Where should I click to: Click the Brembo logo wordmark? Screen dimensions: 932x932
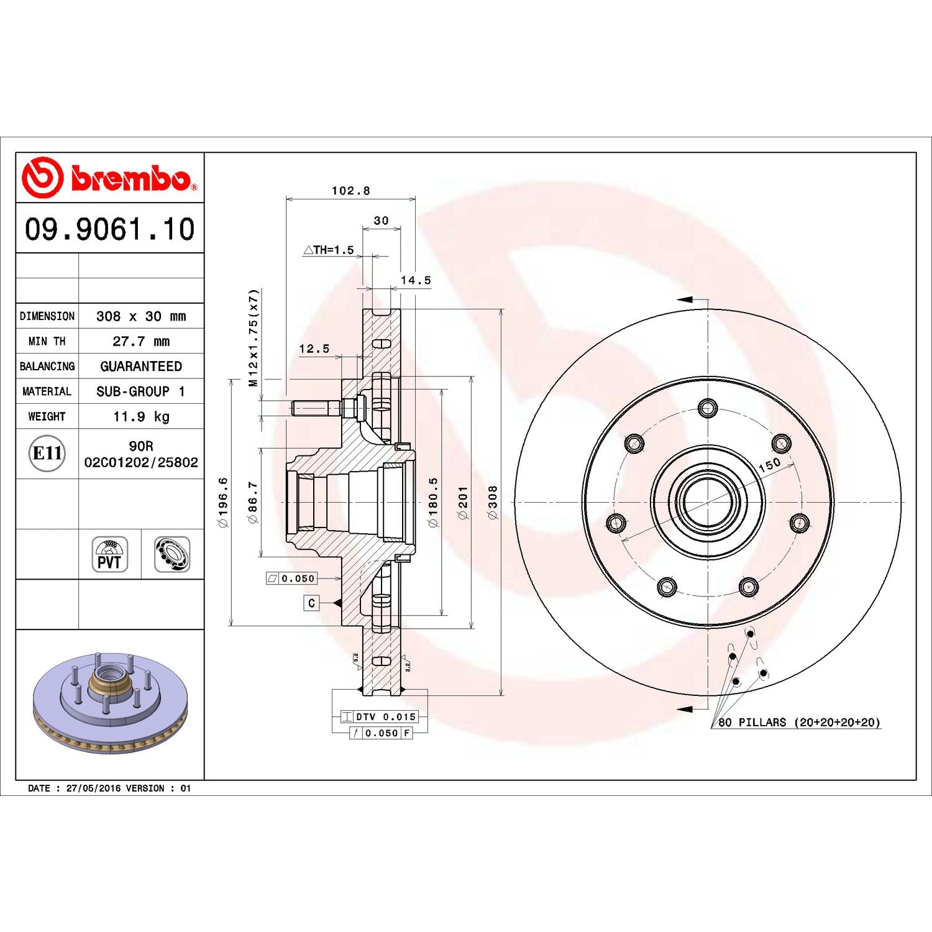pyautogui.click(x=130, y=178)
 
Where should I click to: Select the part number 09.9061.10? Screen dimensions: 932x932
pyautogui.click(x=110, y=229)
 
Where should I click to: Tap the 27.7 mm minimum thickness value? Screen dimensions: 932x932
pyautogui.click(x=141, y=341)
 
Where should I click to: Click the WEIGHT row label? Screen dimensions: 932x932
pyautogui.click(x=47, y=416)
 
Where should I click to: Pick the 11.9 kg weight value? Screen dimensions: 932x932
pyautogui.click(x=141, y=416)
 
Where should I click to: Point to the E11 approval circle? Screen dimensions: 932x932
pyautogui.click(x=47, y=453)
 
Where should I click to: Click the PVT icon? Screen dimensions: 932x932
pyautogui.click(x=110, y=554)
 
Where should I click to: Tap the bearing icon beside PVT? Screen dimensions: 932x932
pyautogui.click(x=172, y=554)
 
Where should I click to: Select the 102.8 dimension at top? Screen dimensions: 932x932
pyautogui.click(x=350, y=191)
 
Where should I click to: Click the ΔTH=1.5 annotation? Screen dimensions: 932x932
pyautogui.click(x=329, y=250)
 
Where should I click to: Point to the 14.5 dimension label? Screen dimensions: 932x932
pyautogui.click(x=416, y=280)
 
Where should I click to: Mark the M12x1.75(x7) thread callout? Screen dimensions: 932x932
pyautogui.click(x=253, y=338)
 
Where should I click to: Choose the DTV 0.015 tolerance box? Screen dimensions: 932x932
pyautogui.click(x=385, y=716)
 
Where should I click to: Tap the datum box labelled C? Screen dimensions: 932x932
pyautogui.click(x=311, y=603)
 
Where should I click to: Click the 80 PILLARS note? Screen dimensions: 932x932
pyautogui.click(x=799, y=722)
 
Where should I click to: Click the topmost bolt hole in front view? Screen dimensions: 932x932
pyautogui.click(x=708, y=408)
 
